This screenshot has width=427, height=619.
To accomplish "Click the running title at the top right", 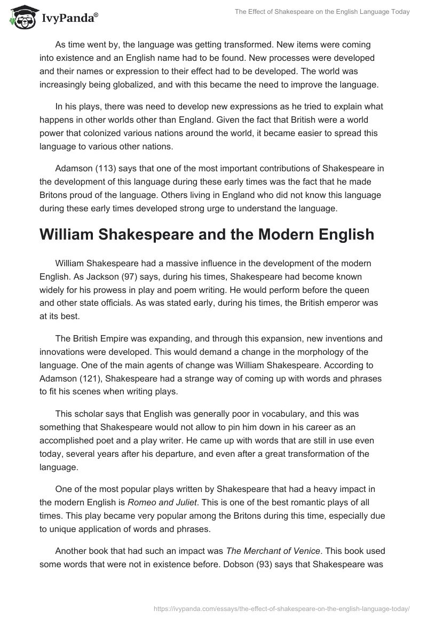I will (322, 12).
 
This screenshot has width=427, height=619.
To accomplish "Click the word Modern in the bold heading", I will (293, 235).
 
